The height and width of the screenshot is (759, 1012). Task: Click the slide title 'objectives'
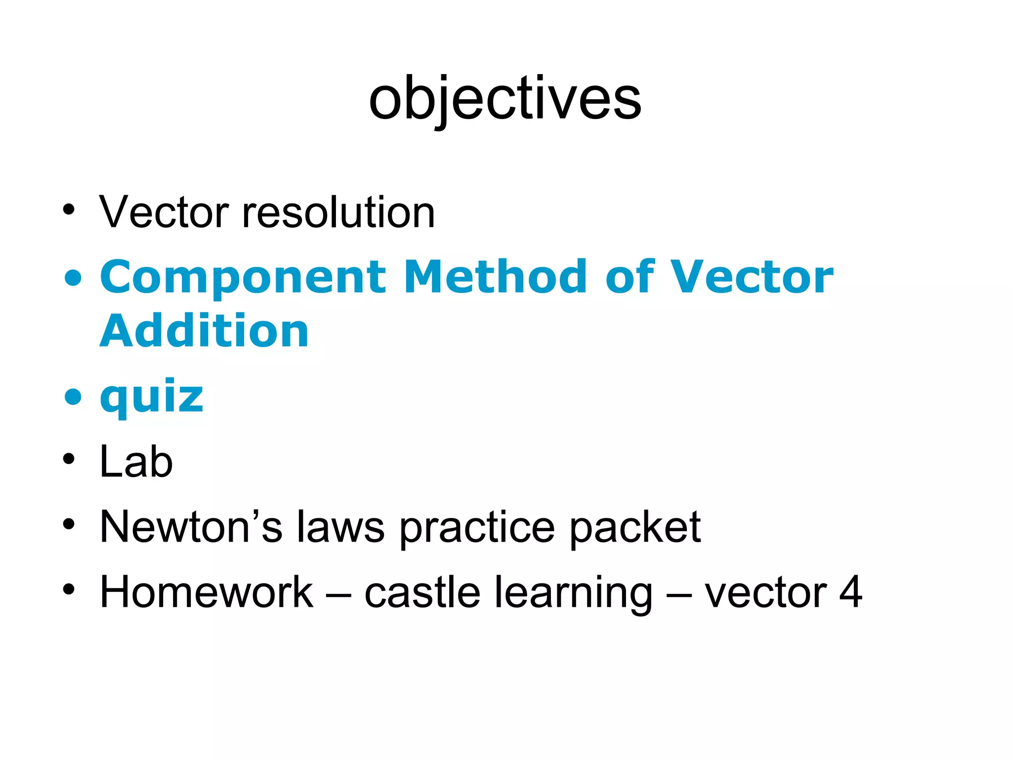click(x=505, y=99)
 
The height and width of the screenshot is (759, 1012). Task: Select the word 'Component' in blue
click(x=243, y=277)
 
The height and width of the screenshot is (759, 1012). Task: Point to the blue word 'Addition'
click(x=204, y=331)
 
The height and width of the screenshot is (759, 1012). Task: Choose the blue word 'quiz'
click(x=151, y=396)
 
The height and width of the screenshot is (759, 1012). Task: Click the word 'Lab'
click(x=136, y=462)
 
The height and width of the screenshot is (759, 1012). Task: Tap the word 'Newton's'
click(x=191, y=527)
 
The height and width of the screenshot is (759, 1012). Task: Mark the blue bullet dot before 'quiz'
click(x=73, y=396)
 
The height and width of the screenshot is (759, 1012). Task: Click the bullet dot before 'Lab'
click(x=69, y=459)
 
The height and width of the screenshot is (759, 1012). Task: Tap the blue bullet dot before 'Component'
click(x=73, y=277)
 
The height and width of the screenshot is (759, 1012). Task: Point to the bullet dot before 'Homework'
click(x=69, y=589)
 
